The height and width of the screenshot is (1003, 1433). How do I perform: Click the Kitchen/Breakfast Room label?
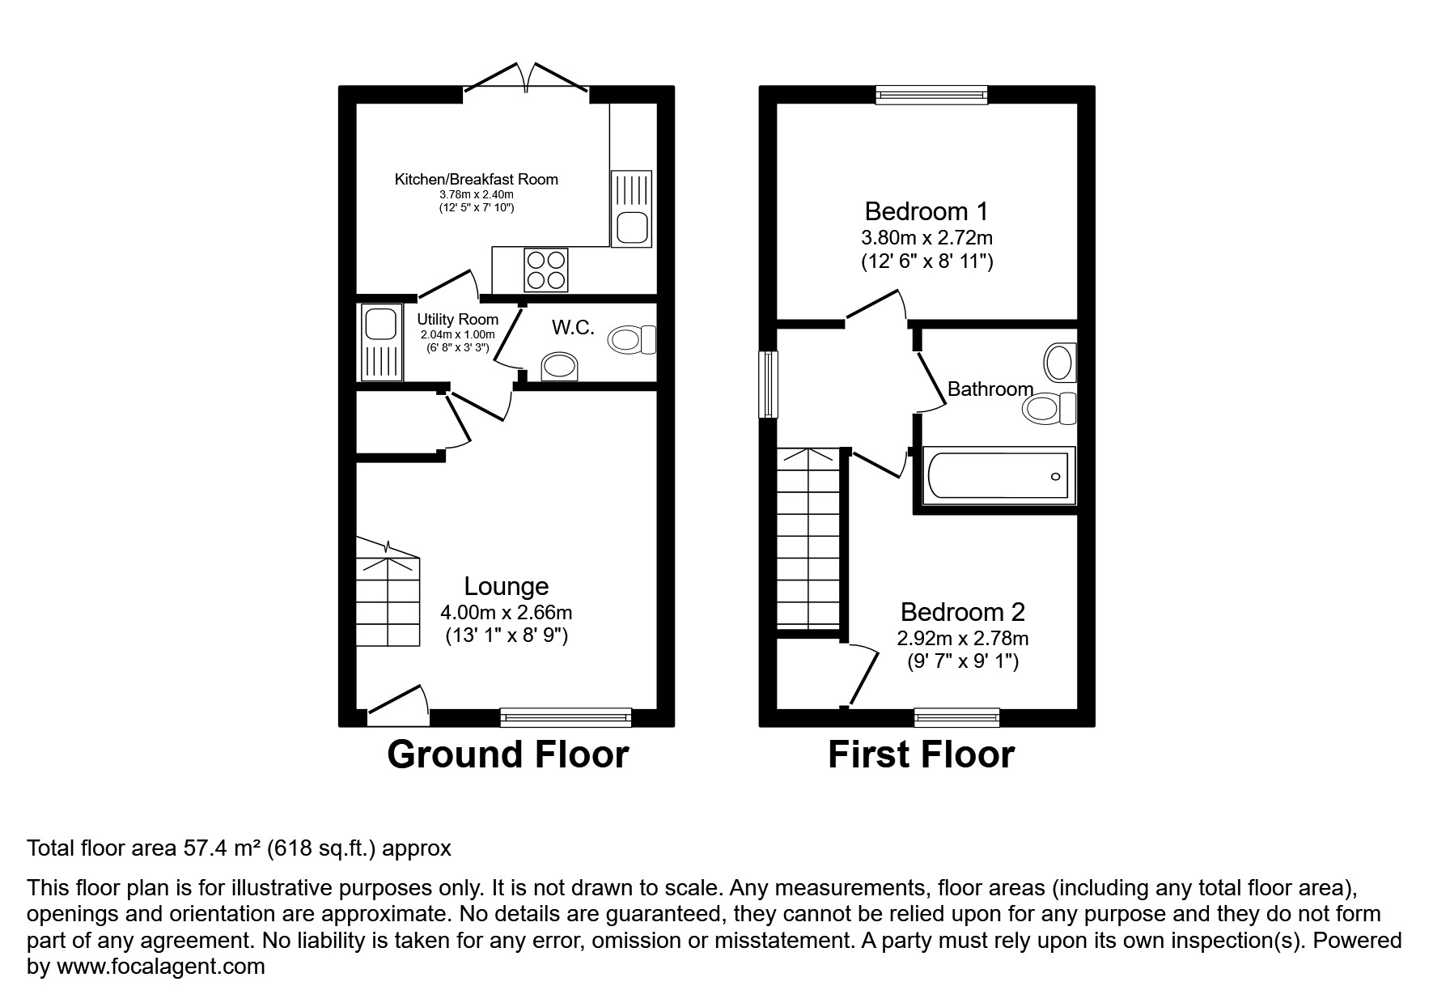click(x=476, y=179)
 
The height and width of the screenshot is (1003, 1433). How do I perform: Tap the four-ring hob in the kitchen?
click(x=545, y=270)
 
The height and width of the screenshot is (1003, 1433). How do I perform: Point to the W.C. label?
click(x=573, y=328)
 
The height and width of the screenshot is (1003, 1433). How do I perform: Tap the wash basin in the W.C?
click(x=559, y=367)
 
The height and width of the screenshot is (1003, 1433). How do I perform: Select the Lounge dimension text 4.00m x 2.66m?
click(x=506, y=613)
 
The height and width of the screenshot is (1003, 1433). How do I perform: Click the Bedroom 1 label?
click(x=926, y=211)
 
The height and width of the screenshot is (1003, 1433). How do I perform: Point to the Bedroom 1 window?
click(x=932, y=96)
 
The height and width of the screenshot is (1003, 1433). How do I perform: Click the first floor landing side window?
click(x=768, y=384)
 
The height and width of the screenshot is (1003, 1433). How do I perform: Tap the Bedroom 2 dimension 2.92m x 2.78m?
click(x=962, y=639)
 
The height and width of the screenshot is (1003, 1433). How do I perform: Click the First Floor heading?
click(x=921, y=754)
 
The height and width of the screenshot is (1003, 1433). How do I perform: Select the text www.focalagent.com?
click(x=160, y=967)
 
